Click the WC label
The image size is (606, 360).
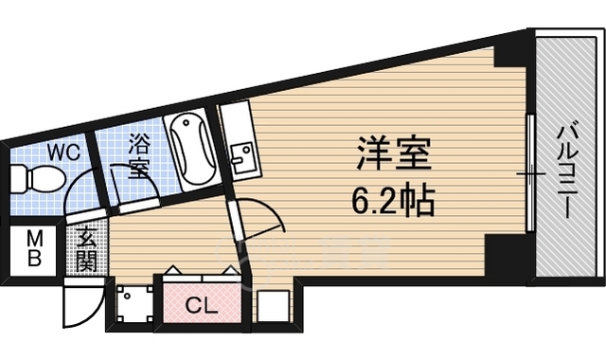click(x=63, y=152)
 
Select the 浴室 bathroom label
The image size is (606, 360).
click(x=139, y=155)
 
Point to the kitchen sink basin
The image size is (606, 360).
click(x=242, y=157)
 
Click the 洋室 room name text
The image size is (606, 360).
click(x=393, y=153)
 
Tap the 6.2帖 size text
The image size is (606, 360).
click(x=393, y=201)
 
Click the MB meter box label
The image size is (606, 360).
click(x=34, y=248)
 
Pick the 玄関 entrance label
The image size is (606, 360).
click(x=86, y=250)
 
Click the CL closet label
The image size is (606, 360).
click(x=202, y=307)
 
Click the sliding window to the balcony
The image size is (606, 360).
click(x=530, y=172)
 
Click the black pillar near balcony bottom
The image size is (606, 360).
click(x=506, y=255)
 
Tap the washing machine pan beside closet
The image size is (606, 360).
click(x=134, y=304)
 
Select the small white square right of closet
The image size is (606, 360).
click(x=273, y=306)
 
